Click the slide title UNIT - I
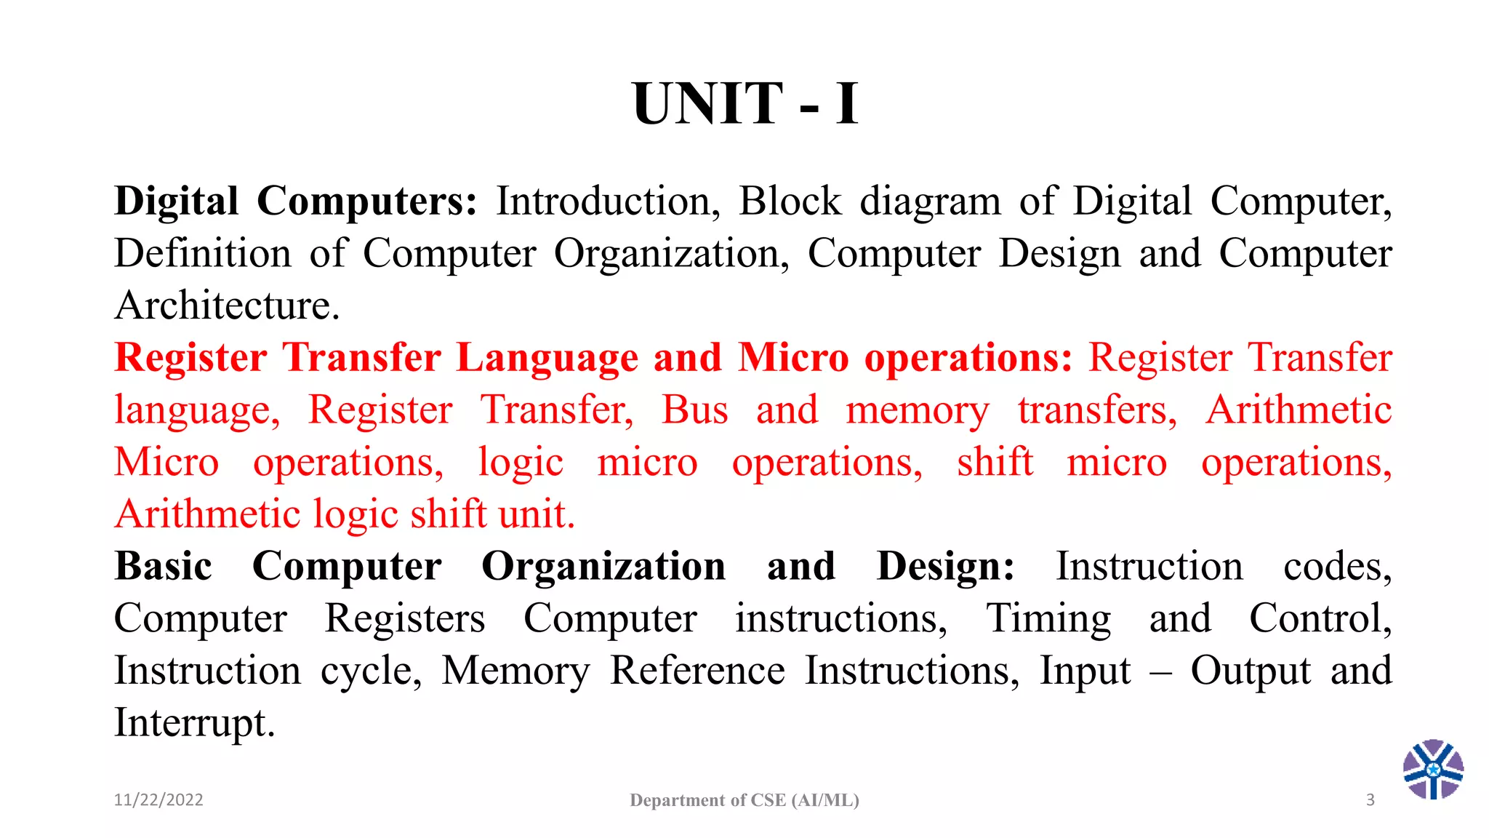(745, 104)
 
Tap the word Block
(790, 201)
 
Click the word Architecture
(227, 306)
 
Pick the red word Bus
(694, 410)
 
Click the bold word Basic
(164, 567)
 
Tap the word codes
(1337, 567)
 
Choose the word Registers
(404, 619)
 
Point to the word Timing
(1048, 619)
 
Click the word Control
(1320, 619)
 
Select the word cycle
(371, 671)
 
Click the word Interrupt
(195, 723)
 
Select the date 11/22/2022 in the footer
(158, 800)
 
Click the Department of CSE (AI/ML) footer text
(744, 800)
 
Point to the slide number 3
(1370, 800)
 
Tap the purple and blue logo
(1433, 770)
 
